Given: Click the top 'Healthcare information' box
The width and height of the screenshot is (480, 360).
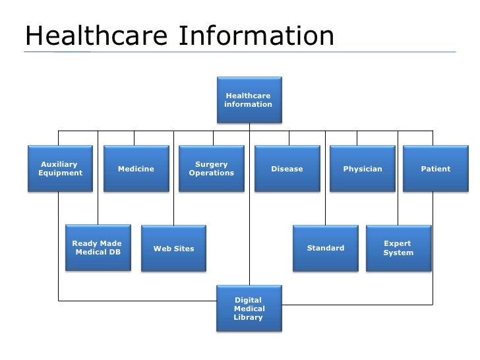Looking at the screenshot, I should (248, 100).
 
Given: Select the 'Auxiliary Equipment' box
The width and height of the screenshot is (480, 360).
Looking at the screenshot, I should (60, 169).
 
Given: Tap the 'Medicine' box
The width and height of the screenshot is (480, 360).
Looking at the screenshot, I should (136, 169).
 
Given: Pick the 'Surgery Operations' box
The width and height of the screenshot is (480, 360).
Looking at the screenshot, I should (211, 169).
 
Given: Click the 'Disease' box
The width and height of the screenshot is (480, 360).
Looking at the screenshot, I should (287, 169).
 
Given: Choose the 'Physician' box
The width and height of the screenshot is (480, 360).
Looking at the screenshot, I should (362, 169).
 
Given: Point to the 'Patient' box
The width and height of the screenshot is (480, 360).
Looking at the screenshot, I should (435, 169).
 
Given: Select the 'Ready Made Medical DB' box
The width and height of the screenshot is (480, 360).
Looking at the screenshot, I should (97, 248).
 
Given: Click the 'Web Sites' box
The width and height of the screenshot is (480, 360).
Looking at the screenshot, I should (173, 248).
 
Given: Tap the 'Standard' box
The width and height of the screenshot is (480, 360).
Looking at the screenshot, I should (326, 248).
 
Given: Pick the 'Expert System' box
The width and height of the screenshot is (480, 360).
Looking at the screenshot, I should (398, 248).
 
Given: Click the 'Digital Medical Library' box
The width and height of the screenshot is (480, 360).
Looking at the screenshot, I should (249, 309).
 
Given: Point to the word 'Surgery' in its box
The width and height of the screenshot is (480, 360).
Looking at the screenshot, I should (211, 164).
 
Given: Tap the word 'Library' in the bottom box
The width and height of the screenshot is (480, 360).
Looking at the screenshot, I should (248, 317).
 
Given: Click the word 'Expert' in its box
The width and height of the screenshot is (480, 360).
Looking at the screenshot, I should (397, 243).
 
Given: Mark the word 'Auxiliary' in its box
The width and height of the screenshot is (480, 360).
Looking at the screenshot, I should (59, 164).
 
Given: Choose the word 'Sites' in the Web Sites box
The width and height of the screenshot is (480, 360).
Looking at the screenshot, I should (184, 249).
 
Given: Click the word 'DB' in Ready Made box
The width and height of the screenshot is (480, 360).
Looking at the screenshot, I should (114, 253).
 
